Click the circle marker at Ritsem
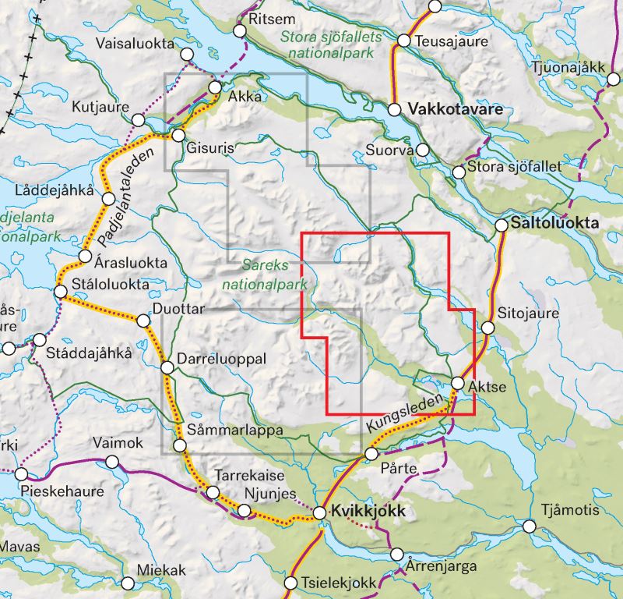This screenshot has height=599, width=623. [x=240, y=30]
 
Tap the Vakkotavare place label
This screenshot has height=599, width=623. [x=448, y=110]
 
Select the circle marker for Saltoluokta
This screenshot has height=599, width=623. [x=502, y=225]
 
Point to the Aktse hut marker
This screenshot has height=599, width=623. [x=458, y=382]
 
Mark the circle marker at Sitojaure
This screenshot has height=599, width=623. [x=487, y=327]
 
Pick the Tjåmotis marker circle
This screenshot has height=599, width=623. [x=530, y=526]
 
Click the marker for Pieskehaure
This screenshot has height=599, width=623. [x=21, y=474]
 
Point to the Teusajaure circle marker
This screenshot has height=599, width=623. [x=404, y=41]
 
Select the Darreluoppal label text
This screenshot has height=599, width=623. [x=222, y=358]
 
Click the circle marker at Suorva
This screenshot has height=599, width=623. [x=423, y=149]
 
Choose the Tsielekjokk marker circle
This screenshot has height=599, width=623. [x=291, y=583]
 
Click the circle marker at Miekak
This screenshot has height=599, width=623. [x=128, y=582]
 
